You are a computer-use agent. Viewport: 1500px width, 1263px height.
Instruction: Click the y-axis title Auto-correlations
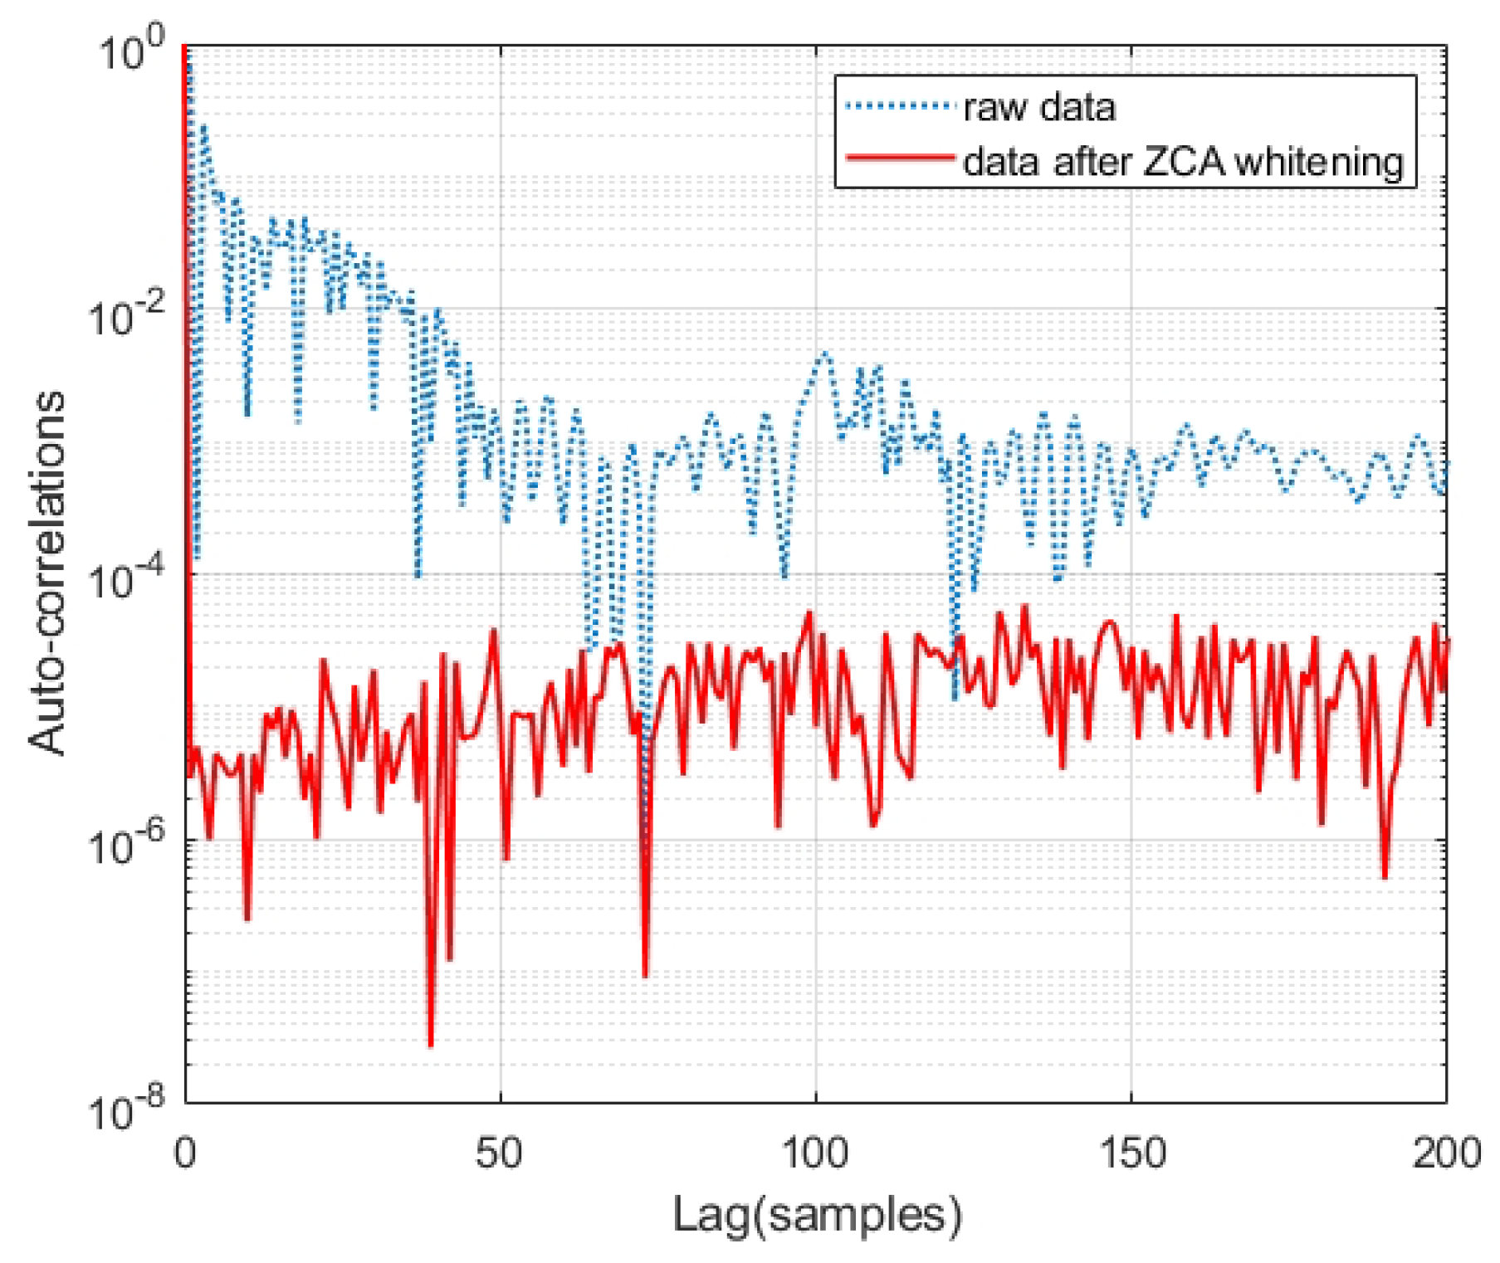click(x=46, y=573)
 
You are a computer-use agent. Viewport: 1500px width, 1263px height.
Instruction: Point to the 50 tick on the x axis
click(x=500, y=1153)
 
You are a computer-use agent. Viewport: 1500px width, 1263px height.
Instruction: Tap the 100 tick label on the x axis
click(x=815, y=1153)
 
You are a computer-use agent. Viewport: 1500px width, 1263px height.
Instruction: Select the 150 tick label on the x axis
click(x=1131, y=1153)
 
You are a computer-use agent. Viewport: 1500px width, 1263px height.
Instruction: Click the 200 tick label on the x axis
click(x=1446, y=1153)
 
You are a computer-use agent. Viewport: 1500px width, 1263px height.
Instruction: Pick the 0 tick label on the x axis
click(x=185, y=1153)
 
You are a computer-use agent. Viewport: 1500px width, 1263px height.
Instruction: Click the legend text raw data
click(x=1039, y=108)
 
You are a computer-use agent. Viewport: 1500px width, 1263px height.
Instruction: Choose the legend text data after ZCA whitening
click(x=1183, y=161)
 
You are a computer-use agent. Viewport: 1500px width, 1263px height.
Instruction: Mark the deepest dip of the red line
click(x=430, y=1044)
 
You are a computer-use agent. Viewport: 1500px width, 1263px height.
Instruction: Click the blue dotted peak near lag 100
click(x=823, y=354)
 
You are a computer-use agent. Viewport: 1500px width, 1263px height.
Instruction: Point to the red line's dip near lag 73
click(x=645, y=974)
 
